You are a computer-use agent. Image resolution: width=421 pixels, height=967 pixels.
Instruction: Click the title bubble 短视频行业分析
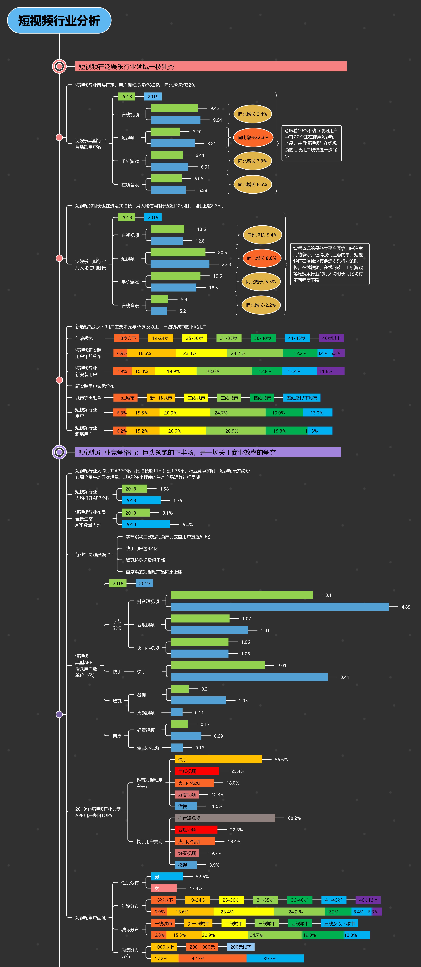[x=59, y=20]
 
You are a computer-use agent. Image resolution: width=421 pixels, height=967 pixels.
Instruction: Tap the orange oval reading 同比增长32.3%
[x=253, y=137]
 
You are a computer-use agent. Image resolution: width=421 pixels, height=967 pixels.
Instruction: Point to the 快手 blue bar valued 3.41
[x=249, y=677]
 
